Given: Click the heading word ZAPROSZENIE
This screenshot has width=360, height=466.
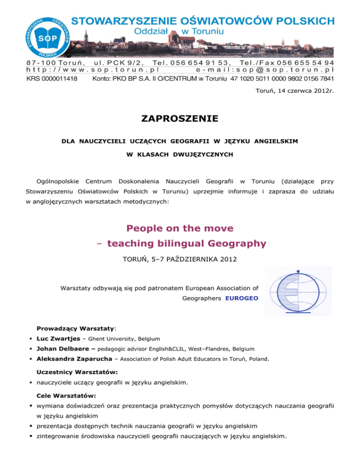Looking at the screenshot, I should click(x=180, y=119).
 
